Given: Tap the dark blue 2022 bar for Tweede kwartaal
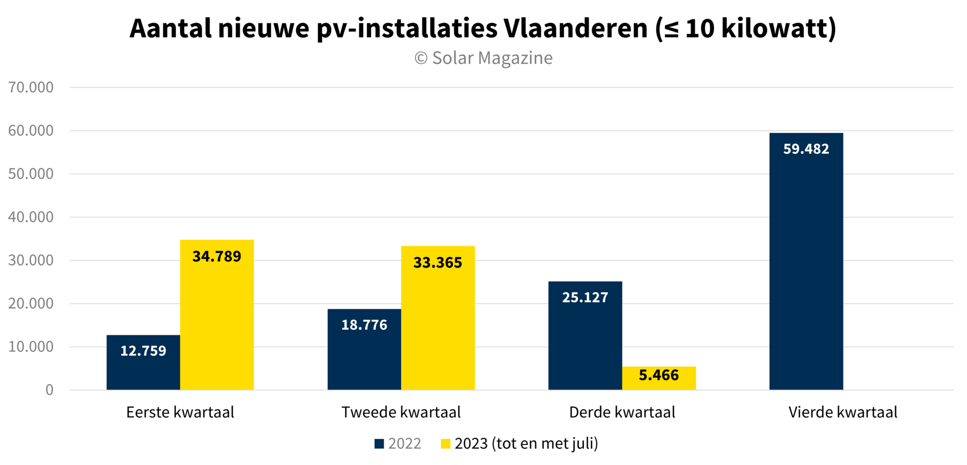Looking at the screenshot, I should click(x=364, y=357).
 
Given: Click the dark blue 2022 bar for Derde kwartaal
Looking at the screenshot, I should click(x=585, y=342).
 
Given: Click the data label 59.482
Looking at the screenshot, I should click(x=806, y=149).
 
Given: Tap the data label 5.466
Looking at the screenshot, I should click(x=659, y=375).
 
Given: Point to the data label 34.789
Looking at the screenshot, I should click(x=217, y=257).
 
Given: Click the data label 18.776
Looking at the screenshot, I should click(x=364, y=325).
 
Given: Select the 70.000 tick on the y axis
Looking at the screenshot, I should click(x=31, y=88).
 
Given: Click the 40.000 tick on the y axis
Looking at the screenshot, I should click(x=31, y=217).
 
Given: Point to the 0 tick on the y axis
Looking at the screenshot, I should click(x=49, y=390).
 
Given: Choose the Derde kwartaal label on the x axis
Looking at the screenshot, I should click(x=622, y=413).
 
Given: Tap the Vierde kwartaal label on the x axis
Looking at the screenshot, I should click(x=843, y=413).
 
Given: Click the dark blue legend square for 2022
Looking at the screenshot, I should click(x=379, y=444).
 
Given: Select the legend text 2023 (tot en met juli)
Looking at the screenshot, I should click(x=526, y=444).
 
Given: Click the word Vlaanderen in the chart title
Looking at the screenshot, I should click(x=575, y=29).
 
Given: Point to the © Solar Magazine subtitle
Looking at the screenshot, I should click(x=483, y=58).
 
